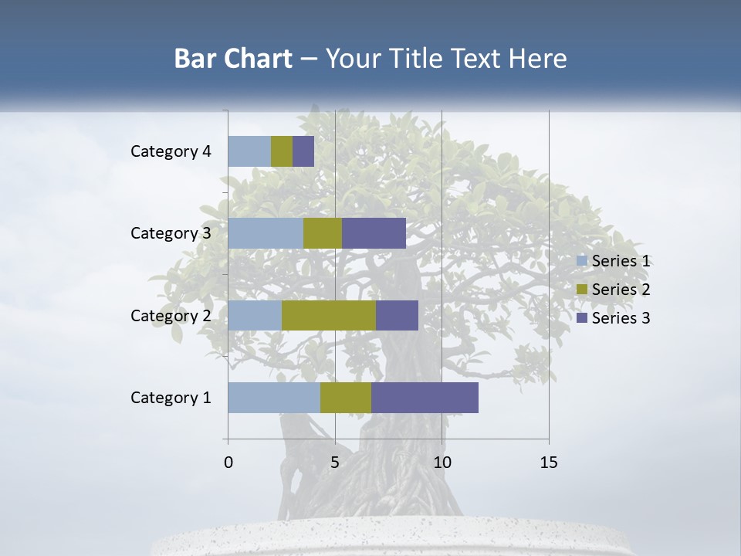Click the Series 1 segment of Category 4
(249, 151)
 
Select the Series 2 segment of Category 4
(282, 151)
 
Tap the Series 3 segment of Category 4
(303, 151)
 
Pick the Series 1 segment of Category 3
(266, 233)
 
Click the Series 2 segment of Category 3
(323, 233)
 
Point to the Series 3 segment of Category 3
(374, 233)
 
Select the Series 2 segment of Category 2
(329, 315)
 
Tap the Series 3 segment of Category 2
(397, 315)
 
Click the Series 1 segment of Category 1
(274, 398)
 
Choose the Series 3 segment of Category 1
(425, 398)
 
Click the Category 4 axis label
(171, 151)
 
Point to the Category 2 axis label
(171, 315)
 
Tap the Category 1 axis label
(171, 398)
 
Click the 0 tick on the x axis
(228, 463)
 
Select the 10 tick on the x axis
(442, 463)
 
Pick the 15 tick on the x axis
(548, 463)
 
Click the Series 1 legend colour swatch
(582, 261)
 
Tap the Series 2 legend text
(621, 290)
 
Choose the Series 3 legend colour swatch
(582, 318)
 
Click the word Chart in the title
(260, 59)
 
